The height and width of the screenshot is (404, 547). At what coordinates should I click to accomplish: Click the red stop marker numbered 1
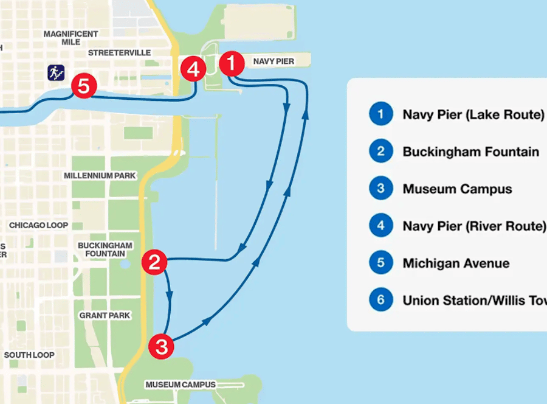(232, 63)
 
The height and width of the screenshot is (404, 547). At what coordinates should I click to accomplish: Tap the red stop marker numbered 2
(154, 263)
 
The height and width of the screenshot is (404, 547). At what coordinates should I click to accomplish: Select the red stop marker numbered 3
(162, 347)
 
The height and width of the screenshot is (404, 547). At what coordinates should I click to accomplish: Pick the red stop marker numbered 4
(193, 69)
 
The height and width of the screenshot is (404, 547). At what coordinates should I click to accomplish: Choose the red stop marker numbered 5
(83, 87)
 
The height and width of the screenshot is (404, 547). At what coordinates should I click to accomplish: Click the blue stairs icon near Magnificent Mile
(56, 73)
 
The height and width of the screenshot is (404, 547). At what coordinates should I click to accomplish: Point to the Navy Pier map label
(273, 61)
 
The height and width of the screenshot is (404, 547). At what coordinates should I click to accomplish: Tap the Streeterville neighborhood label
(119, 53)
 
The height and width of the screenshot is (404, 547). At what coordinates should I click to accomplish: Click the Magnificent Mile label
(71, 38)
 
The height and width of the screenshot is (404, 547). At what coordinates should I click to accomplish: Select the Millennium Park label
(100, 176)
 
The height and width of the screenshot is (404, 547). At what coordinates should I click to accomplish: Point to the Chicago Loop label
(38, 225)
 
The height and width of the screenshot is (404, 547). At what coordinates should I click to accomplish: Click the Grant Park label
(105, 316)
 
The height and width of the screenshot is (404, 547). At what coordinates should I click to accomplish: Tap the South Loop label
(29, 355)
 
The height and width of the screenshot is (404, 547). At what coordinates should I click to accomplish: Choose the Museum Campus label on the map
(181, 385)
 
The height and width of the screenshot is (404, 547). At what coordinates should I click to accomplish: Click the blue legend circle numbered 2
(380, 151)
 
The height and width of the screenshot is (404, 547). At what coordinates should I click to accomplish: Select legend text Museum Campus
(457, 189)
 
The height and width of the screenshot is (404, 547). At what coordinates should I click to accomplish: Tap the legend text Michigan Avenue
(456, 263)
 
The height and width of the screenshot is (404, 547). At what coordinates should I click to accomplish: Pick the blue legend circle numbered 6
(380, 300)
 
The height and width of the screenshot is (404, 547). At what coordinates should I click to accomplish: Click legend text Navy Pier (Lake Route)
(473, 114)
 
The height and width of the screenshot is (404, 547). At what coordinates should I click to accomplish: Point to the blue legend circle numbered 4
(380, 226)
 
